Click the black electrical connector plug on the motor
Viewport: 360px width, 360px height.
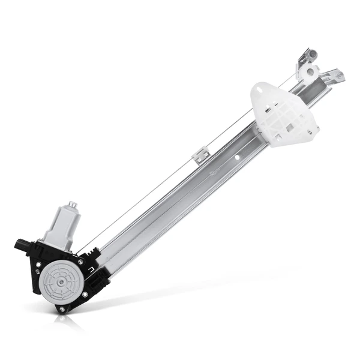tap(22, 245)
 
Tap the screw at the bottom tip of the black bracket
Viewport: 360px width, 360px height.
tap(60, 308)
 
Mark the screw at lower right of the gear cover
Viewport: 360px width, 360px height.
tap(84, 293)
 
